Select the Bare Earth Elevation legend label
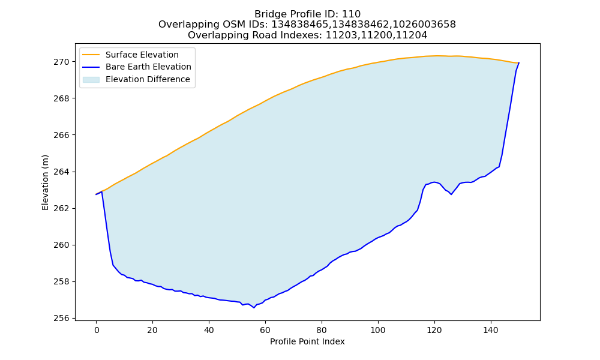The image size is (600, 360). (x=148, y=67)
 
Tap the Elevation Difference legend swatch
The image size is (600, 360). (x=91, y=80)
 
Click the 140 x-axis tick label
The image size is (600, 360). (x=491, y=330)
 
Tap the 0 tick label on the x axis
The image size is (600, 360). (x=96, y=330)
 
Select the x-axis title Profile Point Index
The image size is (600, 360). (x=307, y=341)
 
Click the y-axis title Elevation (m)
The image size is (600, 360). (x=46, y=182)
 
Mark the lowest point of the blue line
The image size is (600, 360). (x=254, y=308)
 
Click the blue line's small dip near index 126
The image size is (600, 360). (x=451, y=194)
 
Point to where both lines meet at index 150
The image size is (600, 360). (x=519, y=63)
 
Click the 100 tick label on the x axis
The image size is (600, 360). (x=378, y=330)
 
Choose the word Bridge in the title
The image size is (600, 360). (x=269, y=14)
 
